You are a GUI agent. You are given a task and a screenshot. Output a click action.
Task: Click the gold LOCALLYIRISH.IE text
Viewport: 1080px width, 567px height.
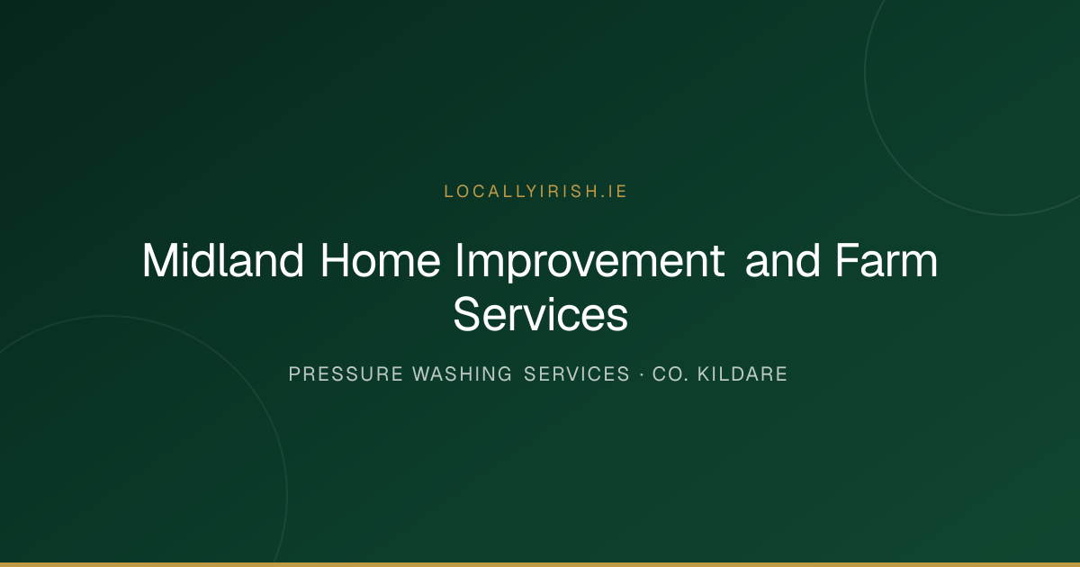click(535, 192)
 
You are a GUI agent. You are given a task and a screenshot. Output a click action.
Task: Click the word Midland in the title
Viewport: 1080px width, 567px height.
click(223, 260)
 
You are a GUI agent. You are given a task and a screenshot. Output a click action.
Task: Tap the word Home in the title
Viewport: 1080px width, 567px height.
click(381, 260)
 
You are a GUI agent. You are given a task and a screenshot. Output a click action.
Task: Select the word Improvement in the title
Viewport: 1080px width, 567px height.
click(589, 263)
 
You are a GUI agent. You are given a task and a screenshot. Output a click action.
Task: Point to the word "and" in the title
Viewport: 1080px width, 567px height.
click(782, 260)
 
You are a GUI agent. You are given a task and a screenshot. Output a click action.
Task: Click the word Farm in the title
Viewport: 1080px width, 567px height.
click(886, 260)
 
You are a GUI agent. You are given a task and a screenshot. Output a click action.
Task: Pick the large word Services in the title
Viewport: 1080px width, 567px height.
click(541, 314)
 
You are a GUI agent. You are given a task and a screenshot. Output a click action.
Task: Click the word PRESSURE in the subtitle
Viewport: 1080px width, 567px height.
click(346, 374)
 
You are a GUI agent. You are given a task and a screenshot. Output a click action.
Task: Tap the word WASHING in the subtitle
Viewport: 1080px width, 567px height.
click(462, 374)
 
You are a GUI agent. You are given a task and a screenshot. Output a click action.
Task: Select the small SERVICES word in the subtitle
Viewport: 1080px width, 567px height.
click(577, 374)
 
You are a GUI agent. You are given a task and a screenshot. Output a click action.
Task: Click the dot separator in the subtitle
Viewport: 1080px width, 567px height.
click(641, 374)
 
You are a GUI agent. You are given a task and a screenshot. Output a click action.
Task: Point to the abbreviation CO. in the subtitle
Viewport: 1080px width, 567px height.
click(670, 374)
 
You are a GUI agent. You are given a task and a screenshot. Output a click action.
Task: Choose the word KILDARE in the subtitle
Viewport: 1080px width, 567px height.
click(742, 374)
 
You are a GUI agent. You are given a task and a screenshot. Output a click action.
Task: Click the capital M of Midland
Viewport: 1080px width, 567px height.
click(160, 260)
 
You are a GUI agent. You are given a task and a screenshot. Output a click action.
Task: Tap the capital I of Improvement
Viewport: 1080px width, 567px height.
click(459, 260)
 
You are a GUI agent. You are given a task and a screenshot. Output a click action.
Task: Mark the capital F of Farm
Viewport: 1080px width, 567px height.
click(849, 260)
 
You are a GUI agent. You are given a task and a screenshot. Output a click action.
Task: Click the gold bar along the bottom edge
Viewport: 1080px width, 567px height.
click(540, 564)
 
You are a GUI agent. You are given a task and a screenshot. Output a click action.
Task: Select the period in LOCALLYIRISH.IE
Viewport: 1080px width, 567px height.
click(603, 197)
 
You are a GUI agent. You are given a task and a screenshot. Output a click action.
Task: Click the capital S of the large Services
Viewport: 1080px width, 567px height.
click(467, 314)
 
